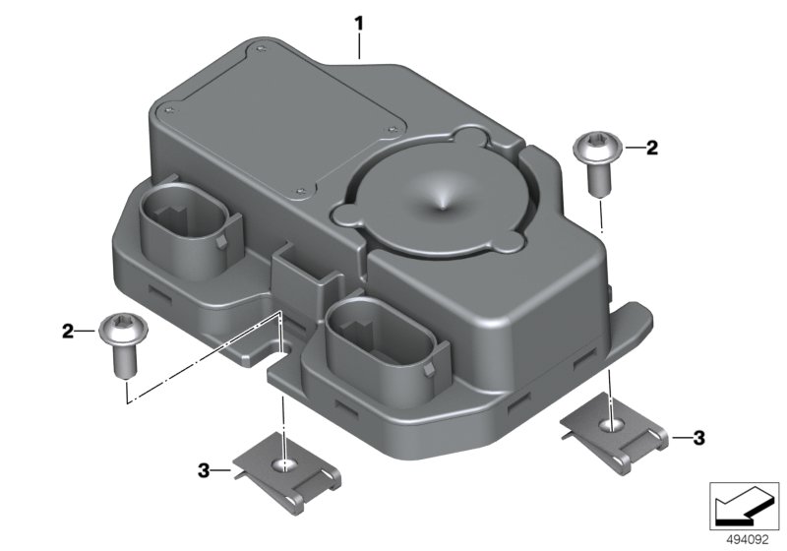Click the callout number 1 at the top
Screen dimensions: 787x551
[358, 24]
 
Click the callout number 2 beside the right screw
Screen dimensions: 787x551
[651, 148]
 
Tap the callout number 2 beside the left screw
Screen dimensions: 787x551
[68, 332]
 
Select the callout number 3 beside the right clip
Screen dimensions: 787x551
[699, 438]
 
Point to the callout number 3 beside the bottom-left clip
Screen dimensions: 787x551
[204, 470]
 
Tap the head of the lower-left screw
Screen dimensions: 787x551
[124, 330]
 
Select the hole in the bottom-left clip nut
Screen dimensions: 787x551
[284, 465]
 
